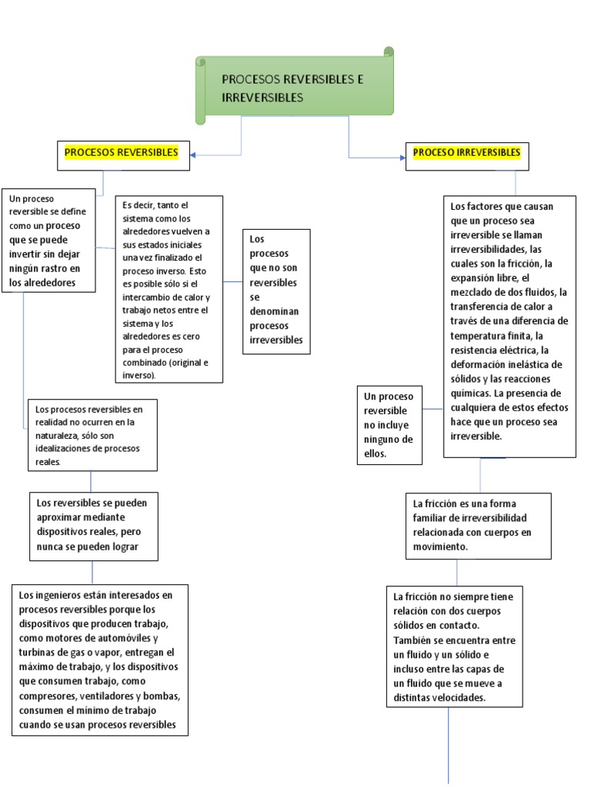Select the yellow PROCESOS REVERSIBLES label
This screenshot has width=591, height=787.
point(122,152)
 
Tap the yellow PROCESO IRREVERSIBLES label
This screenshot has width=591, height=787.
point(466,152)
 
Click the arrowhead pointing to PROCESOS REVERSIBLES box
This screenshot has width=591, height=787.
point(192,155)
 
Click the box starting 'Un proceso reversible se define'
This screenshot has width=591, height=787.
point(49,240)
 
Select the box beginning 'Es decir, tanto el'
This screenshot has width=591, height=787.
point(169,288)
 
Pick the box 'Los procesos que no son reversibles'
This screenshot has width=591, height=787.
point(276,291)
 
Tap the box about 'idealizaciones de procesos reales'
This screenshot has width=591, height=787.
point(92,434)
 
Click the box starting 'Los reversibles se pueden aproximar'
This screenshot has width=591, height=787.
point(93,526)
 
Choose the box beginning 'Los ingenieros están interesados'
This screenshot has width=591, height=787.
point(99,659)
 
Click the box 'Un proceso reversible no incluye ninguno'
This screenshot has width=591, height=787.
point(390,425)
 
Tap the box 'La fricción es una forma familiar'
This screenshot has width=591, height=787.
point(479,525)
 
